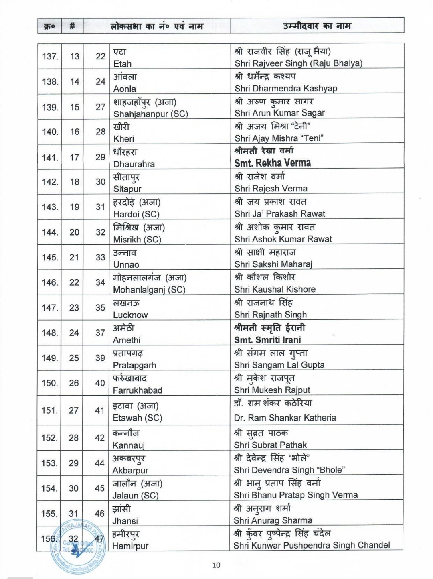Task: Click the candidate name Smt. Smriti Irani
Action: tap(267, 339)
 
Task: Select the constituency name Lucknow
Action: tap(130, 315)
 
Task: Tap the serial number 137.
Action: tap(50, 57)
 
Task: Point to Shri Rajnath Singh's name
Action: tap(271, 315)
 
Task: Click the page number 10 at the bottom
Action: tap(216, 565)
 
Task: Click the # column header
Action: tap(72, 26)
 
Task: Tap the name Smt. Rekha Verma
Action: tap(273, 163)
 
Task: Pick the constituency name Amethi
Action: tap(127, 340)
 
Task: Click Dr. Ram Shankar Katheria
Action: tap(285, 418)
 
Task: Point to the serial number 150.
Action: tap(50, 383)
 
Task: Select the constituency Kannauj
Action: tap(129, 445)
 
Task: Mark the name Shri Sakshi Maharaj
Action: tap(273, 264)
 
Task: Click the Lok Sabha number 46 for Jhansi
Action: tap(100, 514)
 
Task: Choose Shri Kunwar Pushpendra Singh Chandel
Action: tap(312, 545)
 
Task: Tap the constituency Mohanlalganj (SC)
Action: tap(149, 289)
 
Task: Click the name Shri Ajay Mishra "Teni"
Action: tap(279, 138)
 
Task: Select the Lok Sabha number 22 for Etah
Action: tap(100, 57)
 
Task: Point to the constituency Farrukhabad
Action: tap(138, 390)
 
